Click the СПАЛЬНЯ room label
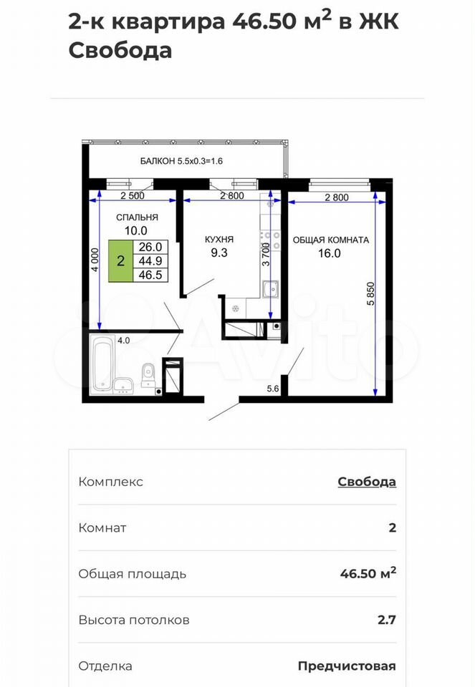137,218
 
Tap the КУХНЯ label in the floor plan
219,240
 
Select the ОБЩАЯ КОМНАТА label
331,240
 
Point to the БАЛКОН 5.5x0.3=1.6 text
181,161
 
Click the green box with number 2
120,260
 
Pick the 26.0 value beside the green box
150,247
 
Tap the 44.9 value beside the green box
150,261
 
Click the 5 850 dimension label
371,293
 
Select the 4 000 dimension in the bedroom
95,260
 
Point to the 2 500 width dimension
133,196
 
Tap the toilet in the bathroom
148,376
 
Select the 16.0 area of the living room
330,253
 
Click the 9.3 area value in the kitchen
219,253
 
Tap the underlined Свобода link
367,482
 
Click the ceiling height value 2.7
387,620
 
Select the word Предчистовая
347,666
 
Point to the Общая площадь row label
133,574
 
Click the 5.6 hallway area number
273,389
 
